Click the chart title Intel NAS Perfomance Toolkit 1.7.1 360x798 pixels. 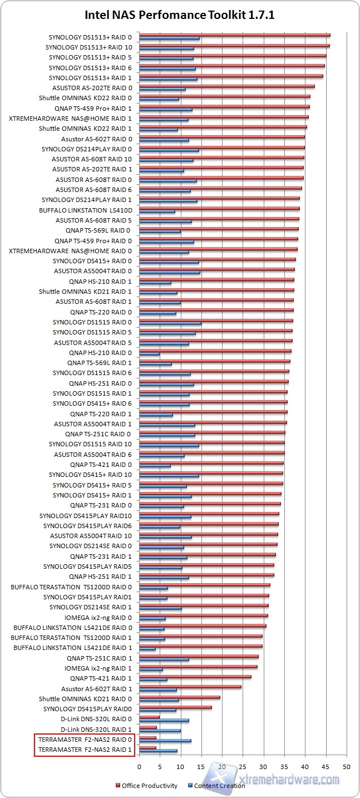coord(179,16)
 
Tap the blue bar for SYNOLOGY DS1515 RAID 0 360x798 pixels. coord(170,324)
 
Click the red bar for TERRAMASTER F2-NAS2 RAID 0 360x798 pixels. coord(147,738)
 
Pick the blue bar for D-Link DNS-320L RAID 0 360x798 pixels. coord(164,720)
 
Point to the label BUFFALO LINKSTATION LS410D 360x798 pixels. coord(86,210)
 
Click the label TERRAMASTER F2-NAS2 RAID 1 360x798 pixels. coord(85,750)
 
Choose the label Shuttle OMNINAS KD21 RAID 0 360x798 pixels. coord(85,699)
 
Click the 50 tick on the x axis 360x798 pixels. coord(347,767)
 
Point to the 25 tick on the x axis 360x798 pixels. coord(243,767)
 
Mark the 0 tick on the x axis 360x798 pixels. coord(139,767)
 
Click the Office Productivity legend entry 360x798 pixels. coord(149,786)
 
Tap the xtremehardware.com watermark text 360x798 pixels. coord(289,780)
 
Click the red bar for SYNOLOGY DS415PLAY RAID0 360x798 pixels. coord(175,707)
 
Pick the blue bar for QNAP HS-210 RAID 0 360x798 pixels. coord(149,354)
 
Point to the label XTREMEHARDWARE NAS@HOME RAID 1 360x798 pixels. coord(71,119)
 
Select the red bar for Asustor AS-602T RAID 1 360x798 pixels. coord(190,687)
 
